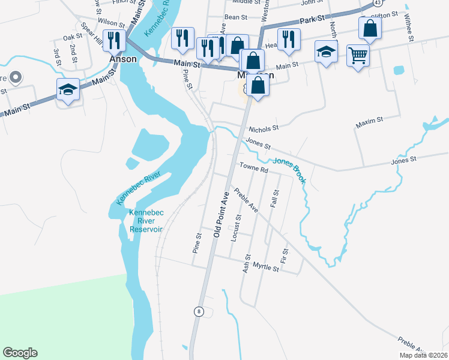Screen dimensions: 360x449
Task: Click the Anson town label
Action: coord(123,60)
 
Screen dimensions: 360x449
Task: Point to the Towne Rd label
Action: coord(254,170)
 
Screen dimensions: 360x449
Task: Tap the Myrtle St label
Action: coord(266,268)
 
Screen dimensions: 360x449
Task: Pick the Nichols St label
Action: coord(264,128)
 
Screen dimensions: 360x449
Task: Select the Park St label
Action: coord(312,20)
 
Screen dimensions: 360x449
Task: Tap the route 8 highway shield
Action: coord(197,311)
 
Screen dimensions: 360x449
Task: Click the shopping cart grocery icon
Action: coord(358,56)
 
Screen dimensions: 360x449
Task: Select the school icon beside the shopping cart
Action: coord(326,52)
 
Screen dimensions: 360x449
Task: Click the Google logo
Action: coord(20,353)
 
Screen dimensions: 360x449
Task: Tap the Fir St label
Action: coord(285,256)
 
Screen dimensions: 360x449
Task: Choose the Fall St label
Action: coord(276,199)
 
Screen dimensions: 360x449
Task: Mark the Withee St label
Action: coord(411,28)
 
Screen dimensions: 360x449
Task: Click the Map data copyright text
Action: coord(423,355)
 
